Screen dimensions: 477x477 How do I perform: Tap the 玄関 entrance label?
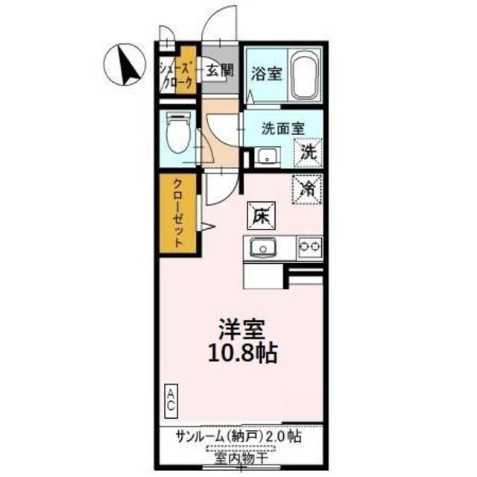220,72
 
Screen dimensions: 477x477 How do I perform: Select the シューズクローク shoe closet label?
177,75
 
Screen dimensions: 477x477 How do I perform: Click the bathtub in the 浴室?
304,75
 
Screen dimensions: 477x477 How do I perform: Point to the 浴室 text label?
265,75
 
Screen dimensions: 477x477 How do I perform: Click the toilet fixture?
176,134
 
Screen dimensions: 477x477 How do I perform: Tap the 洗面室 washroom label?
282,127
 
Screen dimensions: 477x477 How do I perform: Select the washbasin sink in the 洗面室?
266,157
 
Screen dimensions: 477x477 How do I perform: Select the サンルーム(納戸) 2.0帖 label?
239,436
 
